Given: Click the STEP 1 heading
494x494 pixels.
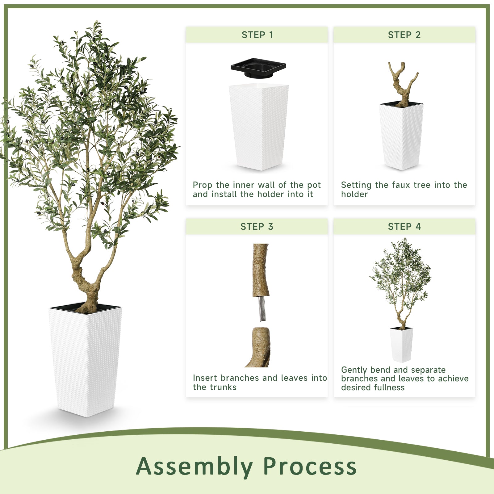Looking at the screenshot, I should (x=257, y=35).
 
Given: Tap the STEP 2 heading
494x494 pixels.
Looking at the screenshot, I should (x=404, y=35).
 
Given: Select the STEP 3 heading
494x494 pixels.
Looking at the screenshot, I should (x=257, y=227).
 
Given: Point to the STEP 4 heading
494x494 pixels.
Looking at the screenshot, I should (x=404, y=227).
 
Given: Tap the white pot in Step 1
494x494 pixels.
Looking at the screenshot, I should (x=259, y=127).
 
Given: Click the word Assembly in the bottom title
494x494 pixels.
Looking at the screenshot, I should (x=195, y=466).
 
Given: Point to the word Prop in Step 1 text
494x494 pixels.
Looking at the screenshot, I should (x=202, y=185).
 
